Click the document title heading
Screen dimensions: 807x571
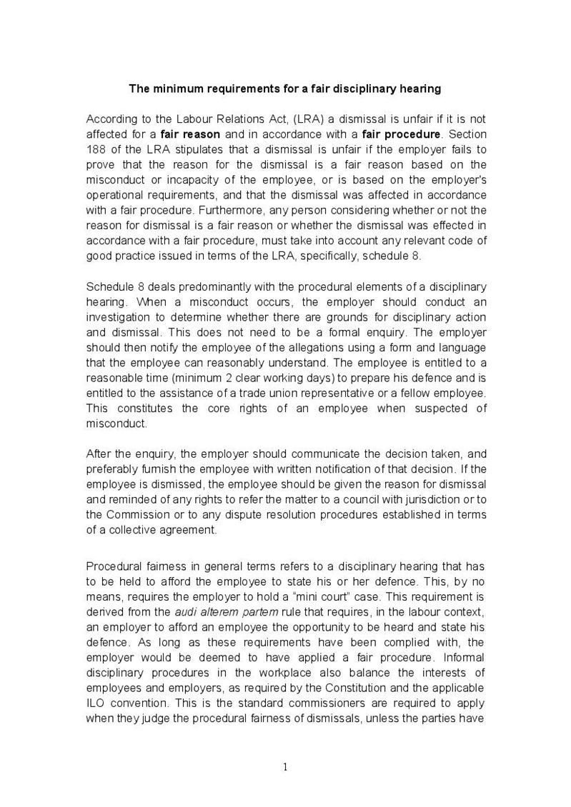point(284,89)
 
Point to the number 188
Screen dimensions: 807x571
point(96,149)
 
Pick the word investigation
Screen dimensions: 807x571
point(118,317)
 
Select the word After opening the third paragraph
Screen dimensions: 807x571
point(99,453)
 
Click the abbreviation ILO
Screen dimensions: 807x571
point(96,703)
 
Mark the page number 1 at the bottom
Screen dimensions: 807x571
point(285,768)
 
